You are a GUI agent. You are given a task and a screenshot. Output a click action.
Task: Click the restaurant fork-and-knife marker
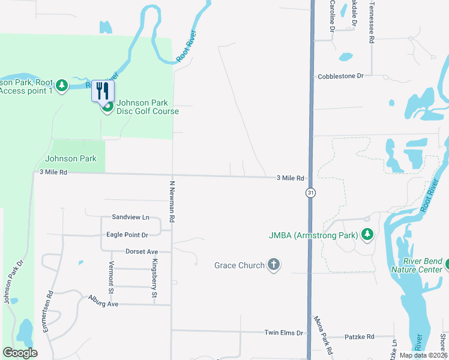(x=102, y=91)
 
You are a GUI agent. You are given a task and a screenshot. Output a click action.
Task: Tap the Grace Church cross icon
(x=274, y=265)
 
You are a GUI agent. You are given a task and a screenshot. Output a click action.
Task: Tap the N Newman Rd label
(x=172, y=202)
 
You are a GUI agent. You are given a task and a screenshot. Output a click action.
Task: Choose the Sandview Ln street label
(x=130, y=217)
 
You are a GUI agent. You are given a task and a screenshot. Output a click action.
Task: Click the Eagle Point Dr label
(x=127, y=235)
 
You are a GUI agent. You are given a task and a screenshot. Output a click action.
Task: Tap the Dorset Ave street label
(x=141, y=251)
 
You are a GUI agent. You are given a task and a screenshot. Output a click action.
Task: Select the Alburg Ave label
(x=103, y=303)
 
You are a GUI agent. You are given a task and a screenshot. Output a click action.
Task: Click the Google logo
(x=20, y=353)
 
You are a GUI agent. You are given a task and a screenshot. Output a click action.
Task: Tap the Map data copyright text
(x=423, y=355)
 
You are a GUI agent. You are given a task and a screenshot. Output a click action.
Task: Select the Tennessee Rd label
(x=372, y=22)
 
